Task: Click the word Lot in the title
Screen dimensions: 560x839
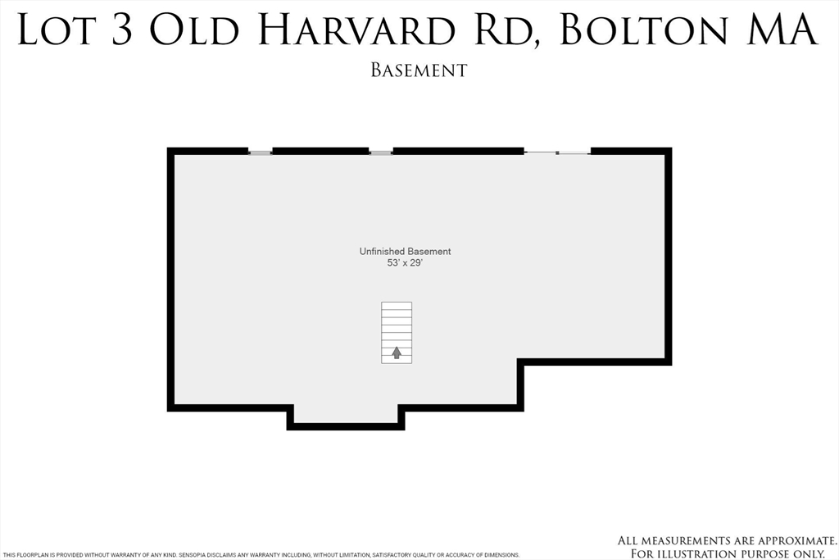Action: tap(56, 30)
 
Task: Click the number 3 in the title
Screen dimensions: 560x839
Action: tap(120, 30)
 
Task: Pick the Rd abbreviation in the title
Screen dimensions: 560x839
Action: tap(505, 30)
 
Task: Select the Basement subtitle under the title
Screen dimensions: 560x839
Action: tap(419, 71)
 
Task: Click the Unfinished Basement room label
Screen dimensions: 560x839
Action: tap(405, 252)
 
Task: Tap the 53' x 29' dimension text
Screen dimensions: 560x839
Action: tap(405, 264)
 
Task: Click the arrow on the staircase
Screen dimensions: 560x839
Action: tap(397, 353)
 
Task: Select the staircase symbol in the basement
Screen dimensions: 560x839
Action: tap(397, 332)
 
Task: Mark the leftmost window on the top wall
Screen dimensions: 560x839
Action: tap(260, 153)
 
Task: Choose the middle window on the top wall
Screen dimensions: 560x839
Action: tap(381, 153)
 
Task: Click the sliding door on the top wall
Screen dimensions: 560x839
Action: tap(557, 153)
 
